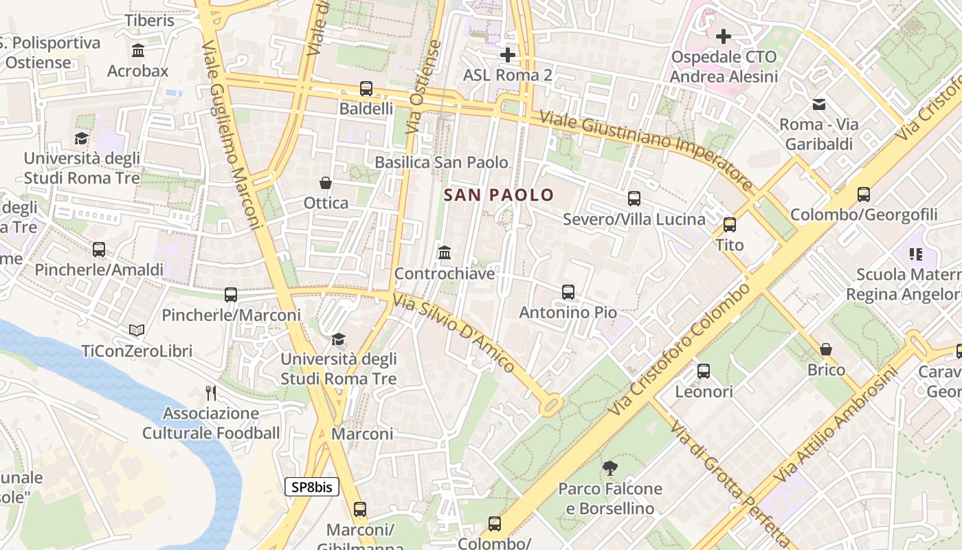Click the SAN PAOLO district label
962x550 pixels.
pos(498,195)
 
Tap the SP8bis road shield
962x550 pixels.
pos(312,487)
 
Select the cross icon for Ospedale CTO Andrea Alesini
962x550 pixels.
pos(723,36)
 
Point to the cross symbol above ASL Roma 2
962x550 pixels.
pos(508,54)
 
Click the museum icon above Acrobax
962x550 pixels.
pos(138,51)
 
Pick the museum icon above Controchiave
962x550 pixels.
pos(444,253)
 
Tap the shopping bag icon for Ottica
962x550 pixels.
pos(326,183)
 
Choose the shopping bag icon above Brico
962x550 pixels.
pos(826,349)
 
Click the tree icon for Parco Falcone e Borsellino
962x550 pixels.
pos(609,468)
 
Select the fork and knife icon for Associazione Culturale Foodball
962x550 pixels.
pos(211,393)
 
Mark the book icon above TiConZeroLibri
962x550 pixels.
pos(137,331)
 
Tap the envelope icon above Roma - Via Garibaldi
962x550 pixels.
pos(819,104)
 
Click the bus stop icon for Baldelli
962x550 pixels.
pos(366,89)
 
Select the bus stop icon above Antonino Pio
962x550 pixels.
pos(568,292)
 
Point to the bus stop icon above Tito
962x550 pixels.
pos(729,225)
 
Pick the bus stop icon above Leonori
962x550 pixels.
pos(704,371)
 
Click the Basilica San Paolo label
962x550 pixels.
pos(441,162)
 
